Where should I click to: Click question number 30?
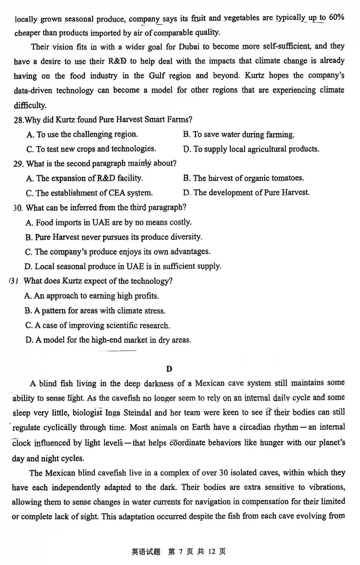coord(18,208)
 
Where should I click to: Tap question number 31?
coord(17,281)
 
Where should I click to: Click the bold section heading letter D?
coord(169,369)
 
